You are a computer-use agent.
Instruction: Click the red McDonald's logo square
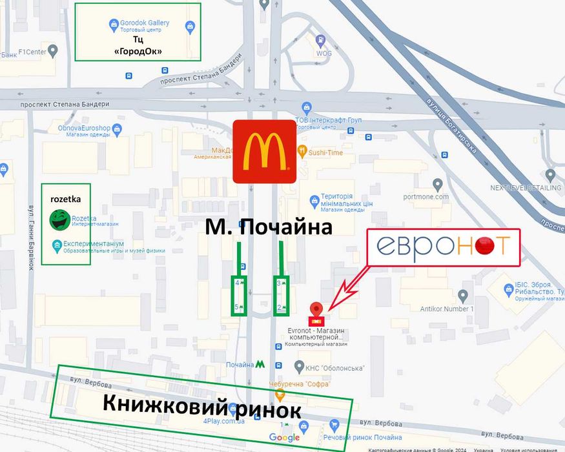[264, 151]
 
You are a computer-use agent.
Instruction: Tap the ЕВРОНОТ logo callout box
[444, 247]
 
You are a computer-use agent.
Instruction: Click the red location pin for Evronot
[316, 311]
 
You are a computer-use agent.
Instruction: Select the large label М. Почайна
[269, 227]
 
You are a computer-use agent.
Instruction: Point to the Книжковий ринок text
[201, 406]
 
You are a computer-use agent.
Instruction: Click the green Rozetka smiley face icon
[59, 220]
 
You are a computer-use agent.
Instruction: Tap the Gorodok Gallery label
[144, 23]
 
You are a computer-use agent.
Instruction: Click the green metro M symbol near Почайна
[260, 364]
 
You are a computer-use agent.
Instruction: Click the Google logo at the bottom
[284, 438]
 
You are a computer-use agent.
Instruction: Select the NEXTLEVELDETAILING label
[525, 188]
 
